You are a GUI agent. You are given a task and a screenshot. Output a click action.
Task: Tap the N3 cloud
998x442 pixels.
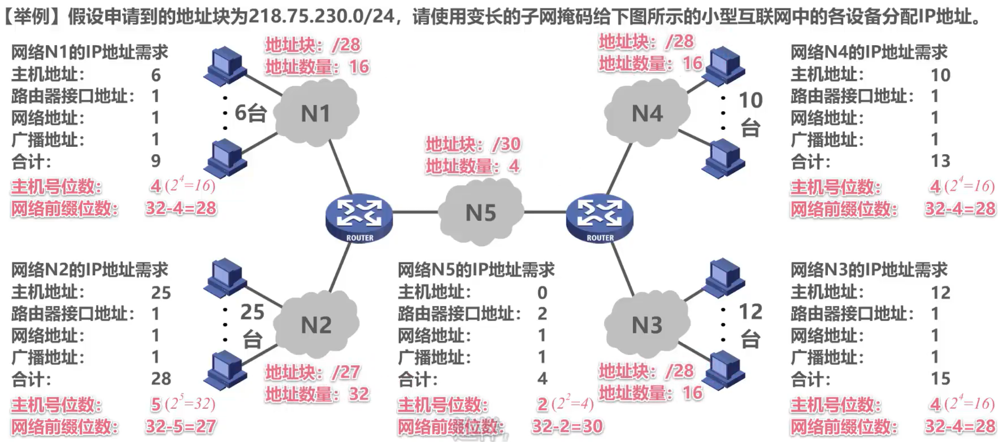point(646,325)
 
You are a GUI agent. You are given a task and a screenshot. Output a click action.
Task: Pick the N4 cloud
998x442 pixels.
point(646,113)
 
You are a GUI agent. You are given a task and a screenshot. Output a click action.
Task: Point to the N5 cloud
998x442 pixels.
point(480,213)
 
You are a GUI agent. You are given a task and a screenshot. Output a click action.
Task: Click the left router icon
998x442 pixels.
point(359,217)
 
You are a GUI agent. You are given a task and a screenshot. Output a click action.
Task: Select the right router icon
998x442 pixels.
point(600,217)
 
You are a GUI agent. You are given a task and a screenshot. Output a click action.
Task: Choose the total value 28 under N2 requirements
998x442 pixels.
point(161,379)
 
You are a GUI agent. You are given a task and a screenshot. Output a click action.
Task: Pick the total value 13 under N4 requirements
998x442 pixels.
point(940,161)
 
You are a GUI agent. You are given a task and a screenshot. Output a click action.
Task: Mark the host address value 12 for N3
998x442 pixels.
point(940,292)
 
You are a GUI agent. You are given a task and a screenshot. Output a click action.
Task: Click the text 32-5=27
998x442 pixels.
point(181,426)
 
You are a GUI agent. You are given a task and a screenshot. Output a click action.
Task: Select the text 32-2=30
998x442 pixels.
point(567,426)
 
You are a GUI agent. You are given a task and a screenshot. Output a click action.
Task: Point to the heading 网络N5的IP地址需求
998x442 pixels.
point(476,270)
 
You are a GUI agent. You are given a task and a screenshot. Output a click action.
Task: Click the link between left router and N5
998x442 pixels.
point(415,213)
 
